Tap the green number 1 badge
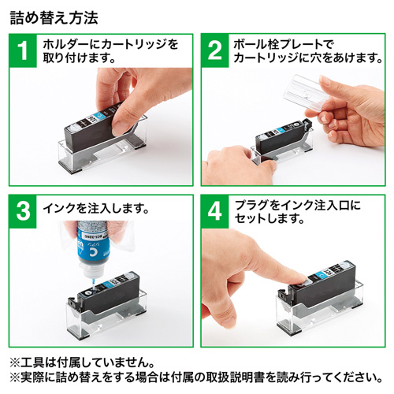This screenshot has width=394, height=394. coord(24,50)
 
